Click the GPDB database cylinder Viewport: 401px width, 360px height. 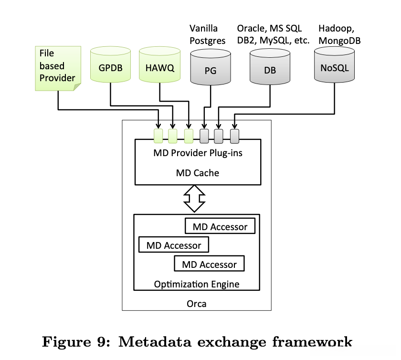(x=110, y=67)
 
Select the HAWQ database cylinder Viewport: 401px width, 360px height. (x=159, y=67)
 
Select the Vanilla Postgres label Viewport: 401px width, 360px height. (x=207, y=34)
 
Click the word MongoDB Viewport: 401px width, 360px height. (x=339, y=41)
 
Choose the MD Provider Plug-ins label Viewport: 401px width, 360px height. (x=198, y=153)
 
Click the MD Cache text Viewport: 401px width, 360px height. (x=198, y=173)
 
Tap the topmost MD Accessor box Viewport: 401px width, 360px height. (x=220, y=226)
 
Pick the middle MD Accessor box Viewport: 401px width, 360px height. (x=174, y=245)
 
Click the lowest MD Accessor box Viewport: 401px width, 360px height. (x=209, y=264)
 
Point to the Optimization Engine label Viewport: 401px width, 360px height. (x=197, y=284)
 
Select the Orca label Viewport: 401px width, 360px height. (x=197, y=303)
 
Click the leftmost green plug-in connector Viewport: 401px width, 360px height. (x=158, y=136)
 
